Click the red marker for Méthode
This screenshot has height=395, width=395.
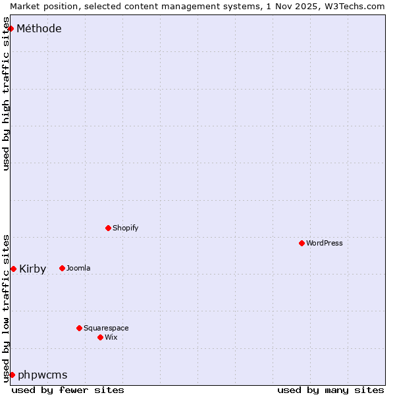tap(11, 28)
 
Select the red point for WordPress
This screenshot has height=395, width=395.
tap(302, 243)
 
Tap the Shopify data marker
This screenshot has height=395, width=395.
tap(108, 228)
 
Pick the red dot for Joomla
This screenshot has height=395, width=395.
tap(62, 268)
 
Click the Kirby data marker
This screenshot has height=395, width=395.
tap(13, 269)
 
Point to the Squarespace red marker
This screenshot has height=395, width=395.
tap(79, 328)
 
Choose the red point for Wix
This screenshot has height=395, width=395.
tap(100, 337)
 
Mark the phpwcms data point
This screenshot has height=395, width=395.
tap(12, 375)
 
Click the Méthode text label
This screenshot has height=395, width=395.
tap(39, 28)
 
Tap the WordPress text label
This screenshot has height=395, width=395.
tap(325, 243)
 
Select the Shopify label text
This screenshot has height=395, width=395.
tap(125, 228)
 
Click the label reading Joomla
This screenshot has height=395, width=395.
tap(78, 268)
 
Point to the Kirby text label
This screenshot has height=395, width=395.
tap(32, 269)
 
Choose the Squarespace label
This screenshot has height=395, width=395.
tap(106, 328)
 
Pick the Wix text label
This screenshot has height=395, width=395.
tap(111, 337)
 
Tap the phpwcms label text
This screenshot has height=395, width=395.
tap(42, 375)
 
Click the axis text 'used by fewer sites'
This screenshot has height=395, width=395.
tap(68, 390)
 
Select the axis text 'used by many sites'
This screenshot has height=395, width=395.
tap(330, 390)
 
